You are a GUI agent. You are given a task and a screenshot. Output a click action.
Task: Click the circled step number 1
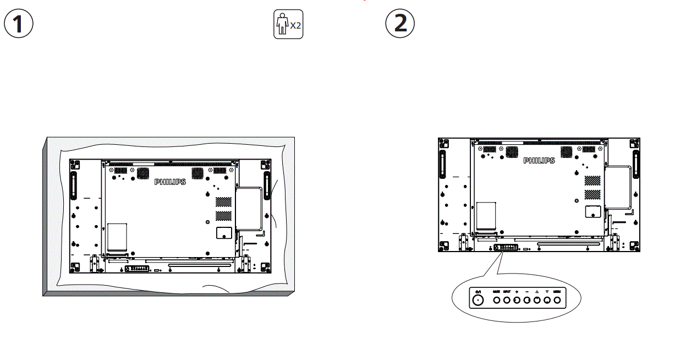pos(19,24)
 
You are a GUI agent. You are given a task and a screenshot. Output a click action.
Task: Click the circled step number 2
pos(399,24)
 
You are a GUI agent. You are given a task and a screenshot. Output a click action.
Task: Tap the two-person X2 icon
pos(288,25)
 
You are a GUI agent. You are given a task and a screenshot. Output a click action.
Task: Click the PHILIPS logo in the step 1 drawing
pos(170,182)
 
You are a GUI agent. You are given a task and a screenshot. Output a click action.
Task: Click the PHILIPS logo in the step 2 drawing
pos(539,161)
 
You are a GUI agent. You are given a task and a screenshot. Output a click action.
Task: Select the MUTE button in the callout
pos(496,300)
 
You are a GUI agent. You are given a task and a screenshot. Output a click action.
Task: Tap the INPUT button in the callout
pos(507,300)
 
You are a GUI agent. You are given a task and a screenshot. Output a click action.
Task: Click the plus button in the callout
pos(517,300)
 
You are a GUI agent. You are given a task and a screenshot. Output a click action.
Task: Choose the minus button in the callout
pos(526,300)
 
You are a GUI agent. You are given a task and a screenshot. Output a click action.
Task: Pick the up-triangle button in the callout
pos(537,300)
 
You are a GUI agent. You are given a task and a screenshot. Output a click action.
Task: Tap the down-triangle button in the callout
pos(547,300)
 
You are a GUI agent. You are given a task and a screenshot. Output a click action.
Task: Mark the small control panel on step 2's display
pos(506,248)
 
